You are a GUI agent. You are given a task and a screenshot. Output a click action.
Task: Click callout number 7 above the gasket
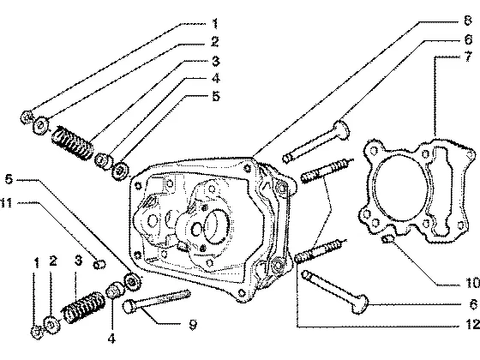[x=468, y=57]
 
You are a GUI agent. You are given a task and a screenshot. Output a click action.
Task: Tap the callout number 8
[x=468, y=21]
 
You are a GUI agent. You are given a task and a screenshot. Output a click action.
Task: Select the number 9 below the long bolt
[x=193, y=325]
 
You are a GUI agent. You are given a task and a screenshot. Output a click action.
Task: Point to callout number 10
[x=472, y=283]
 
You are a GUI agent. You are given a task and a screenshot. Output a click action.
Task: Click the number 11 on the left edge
[x=6, y=202]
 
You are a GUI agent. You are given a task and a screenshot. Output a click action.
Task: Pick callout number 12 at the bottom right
[x=472, y=325]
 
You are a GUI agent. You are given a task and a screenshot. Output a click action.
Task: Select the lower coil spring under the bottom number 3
[x=84, y=307]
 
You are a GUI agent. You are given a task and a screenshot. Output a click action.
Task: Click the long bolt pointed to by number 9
[x=157, y=300]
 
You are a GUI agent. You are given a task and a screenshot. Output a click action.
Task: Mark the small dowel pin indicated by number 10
[x=387, y=238]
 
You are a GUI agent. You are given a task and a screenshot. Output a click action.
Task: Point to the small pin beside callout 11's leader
[x=99, y=265]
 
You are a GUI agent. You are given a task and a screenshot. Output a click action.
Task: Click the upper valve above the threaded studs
[x=316, y=141]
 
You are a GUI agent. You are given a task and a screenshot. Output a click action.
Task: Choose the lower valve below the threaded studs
[x=335, y=292]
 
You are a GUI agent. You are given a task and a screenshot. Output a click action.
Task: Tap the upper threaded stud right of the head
[x=327, y=171]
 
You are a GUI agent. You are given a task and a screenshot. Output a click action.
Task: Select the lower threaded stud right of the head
[x=321, y=251]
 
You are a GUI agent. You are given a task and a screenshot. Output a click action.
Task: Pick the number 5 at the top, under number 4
[x=216, y=96]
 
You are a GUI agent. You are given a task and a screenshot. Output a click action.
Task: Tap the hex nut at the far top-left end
[x=27, y=117]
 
